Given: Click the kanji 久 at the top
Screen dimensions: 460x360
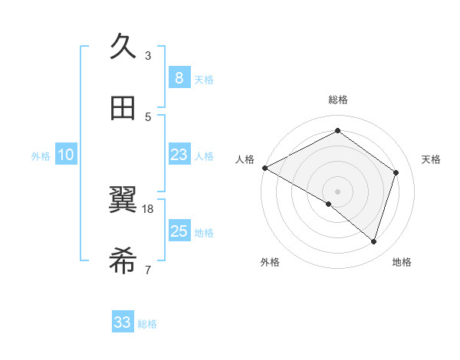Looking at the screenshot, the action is (x=123, y=47).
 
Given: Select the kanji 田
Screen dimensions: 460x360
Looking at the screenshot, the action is (x=123, y=108).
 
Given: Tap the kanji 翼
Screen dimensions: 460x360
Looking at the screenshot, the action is (x=123, y=200).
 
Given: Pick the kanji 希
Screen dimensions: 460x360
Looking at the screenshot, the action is (x=123, y=261).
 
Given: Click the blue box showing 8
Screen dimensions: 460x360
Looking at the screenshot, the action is (x=179, y=78).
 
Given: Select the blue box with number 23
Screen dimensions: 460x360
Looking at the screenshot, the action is (x=179, y=155).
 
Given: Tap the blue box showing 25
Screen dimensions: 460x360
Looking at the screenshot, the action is (x=179, y=231).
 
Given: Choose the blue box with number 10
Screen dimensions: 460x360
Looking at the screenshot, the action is (x=66, y=155).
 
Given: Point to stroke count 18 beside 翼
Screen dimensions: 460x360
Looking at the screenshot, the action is (x=148, y=208).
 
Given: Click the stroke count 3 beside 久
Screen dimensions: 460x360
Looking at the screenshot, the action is (x=148, y=55).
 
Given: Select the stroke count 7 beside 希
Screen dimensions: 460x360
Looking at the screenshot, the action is (x=148, y=270).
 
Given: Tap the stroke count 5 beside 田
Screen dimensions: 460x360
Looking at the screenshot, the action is (x=148, y=116).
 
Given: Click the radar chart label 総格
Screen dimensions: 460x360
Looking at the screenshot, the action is (x=338, y=100).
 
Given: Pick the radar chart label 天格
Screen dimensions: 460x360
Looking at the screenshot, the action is (x=432, y=159).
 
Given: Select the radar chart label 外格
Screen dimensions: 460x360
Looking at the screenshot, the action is (x=270, y=262).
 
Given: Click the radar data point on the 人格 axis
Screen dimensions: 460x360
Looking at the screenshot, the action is (x=264, y=168).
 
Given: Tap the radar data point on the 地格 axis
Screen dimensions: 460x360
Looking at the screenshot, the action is (x=373, y=241).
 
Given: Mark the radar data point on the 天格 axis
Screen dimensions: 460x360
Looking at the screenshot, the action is (x=396, y=172).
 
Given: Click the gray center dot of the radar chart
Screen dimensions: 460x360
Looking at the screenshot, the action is (x=337, y=191).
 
